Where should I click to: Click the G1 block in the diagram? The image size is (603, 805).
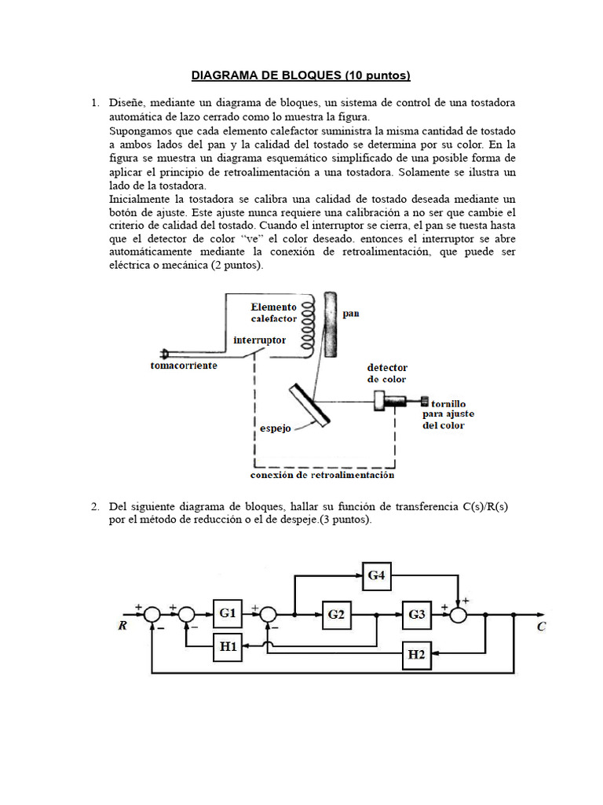pyautogui.click(x=227, y=613)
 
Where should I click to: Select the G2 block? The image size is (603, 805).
pyautogui.click(x=336, y=613)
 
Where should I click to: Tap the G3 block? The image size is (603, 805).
pyautogui.click(x=416, y=613)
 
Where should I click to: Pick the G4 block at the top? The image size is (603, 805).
pyautogui.click(x=377, y=575)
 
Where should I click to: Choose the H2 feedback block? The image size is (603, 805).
pyautogui.click(x=416, y=654)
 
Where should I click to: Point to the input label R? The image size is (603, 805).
pyautogui.click(x=123, y=627)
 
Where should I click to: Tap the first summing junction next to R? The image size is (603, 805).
pyautogui.click(x=152, y=613)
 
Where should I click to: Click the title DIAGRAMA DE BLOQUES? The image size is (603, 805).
pyautogui.click(x=301, y=75)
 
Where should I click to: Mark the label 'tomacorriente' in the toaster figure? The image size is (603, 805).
pyautogui.click(x=184, y=366)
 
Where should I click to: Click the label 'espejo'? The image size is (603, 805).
pyautogui.click(x=276, y=429)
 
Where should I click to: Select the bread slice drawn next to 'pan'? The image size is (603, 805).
pyautogui.click(x=331, y=324)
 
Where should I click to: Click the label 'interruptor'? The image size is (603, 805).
pyautogui.click(x=260, y=340)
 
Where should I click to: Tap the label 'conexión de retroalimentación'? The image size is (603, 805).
pyautogui.click(x=322, y=475)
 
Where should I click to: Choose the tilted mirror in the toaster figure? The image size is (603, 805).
pyautogui.click(x=309, y=406)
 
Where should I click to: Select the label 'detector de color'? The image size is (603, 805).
pyautogui.click(x=387, y=373)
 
